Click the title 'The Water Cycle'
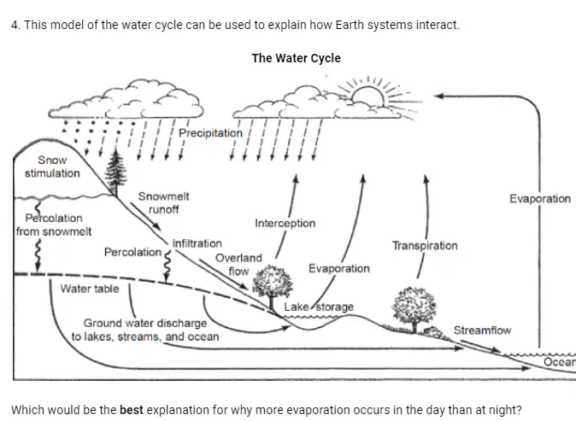point(296,58)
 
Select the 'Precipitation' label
point(210,133)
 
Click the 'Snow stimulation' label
point(52,167)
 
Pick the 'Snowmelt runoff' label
point(163,202)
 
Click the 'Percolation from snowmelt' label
point(54,225)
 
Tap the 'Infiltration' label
point(197,243)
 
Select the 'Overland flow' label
point(238,264)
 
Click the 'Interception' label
point(285,223)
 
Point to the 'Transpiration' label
point(425,246)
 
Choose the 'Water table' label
point(90,289)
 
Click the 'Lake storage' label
point(319,307)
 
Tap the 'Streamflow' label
point(482,330)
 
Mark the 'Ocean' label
point(560,362)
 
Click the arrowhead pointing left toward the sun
point(438,96)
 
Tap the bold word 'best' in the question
point(131,410)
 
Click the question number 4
point(15,25)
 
